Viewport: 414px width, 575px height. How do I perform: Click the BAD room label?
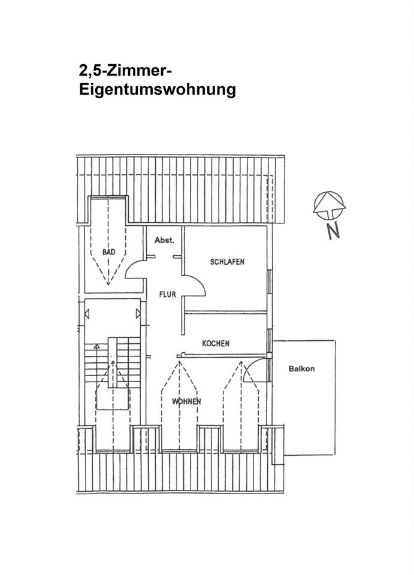coord(108,252)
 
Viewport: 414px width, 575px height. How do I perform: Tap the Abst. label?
coord(164,241)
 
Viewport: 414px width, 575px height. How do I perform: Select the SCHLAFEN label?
coord(227,262)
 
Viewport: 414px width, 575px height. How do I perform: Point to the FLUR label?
coord(167,294)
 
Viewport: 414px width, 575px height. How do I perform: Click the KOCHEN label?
coord(216,343)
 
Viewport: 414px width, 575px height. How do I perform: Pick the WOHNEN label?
coord(186,401)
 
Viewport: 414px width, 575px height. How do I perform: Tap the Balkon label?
coord(301,369)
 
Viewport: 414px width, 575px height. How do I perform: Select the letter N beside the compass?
coord(333,231)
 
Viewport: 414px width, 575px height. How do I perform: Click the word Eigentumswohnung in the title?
coord(158,89)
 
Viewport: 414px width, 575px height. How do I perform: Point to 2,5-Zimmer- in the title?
coord(125,69)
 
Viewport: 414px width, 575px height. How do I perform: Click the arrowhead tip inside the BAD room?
coord(108,284)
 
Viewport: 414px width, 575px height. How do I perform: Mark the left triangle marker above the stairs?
coord(87,314)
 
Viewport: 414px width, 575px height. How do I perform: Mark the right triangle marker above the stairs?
coord(138,314)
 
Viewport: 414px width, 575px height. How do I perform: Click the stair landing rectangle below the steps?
coord(113,399)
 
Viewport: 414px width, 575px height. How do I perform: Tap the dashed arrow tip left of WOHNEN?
coord(179,362)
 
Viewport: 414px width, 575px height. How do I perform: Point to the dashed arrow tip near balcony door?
coord(241,362)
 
